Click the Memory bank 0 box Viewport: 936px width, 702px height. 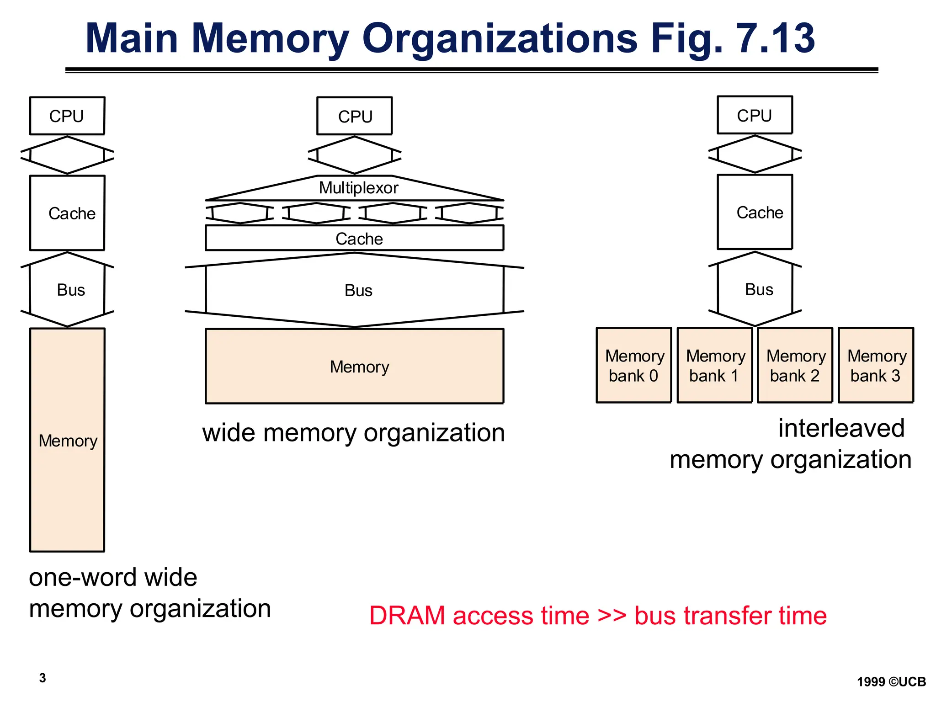click(x=633, y=365)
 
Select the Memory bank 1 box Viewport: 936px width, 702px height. click(x=714, y=365)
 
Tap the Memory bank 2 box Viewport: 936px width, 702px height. click(x=795, y=365)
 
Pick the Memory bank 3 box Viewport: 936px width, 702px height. click(x=876, y=365)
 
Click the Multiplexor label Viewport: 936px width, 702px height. click(x=358, y=188)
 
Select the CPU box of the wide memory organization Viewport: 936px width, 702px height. click(x=355, y=116)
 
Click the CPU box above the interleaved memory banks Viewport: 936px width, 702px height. click(x=755, y=115)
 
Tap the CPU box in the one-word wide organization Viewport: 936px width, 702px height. click(x=67, y=116)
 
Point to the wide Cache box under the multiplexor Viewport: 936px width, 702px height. click(x=355, y=238)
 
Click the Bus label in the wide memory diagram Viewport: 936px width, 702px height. click(x=358, y=291)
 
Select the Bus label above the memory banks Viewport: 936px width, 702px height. click(x=759, y=290)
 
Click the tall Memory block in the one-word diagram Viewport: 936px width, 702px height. click(x=67, y=440)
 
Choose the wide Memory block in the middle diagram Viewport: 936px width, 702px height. click(x=355, y=366)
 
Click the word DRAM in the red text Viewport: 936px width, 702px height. click(x=407, y=616)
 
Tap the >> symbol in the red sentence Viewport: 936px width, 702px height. click(x=612, y=616)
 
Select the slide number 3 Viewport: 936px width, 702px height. click(x=43, y=678)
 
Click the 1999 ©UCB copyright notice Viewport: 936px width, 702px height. click(x=891, y=682)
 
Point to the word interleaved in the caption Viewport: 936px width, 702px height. click(x=841, y=429)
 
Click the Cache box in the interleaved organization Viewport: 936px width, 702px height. click(x=755, y=212)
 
